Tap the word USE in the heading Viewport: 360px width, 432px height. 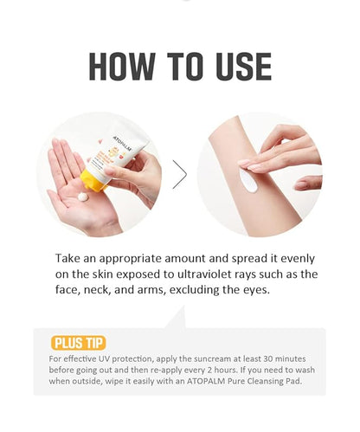tap(234, 66)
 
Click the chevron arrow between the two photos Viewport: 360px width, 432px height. tap(180, 174)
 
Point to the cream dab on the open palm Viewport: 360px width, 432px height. tap(82, 197)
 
